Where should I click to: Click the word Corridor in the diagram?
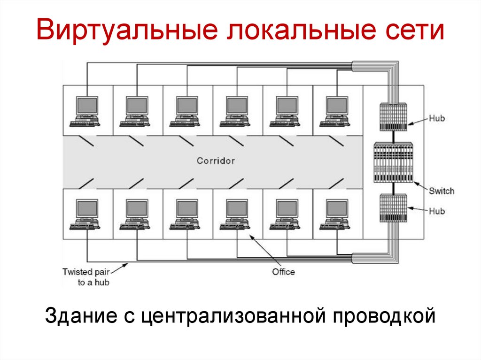pyautogui.click(x=216, y=161)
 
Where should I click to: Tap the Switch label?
pyautogui.click(x=442, y=191)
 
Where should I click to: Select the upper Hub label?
pyautogui.click(x=436, y=118)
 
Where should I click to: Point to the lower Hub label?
pyautogui.click(x=436, y=211)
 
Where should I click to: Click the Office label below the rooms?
pyautogui.click(x=283, y=272)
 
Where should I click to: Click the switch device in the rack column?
pyautogui.click(x=393, y=162)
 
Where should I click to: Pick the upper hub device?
pyautogui.click(x=393, y=117)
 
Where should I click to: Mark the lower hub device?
pyautogui.click(x=393, y=208)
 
